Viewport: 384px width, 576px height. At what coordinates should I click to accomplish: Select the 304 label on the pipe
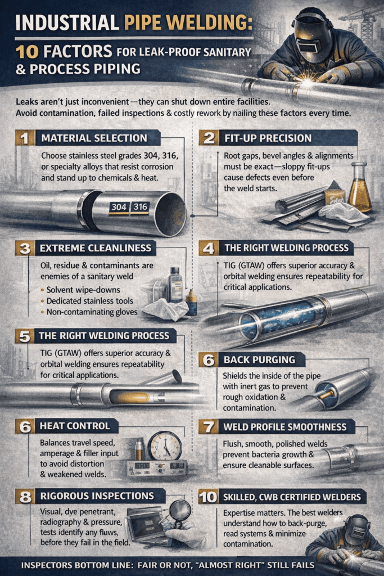pos(119,207)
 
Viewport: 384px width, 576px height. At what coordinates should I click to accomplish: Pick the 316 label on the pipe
pos(141,207)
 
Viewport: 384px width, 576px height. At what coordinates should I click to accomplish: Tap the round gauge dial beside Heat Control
pos(165,445)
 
